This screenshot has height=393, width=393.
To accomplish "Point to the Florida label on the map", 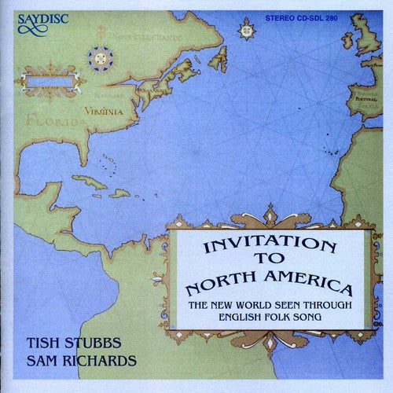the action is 39,122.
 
